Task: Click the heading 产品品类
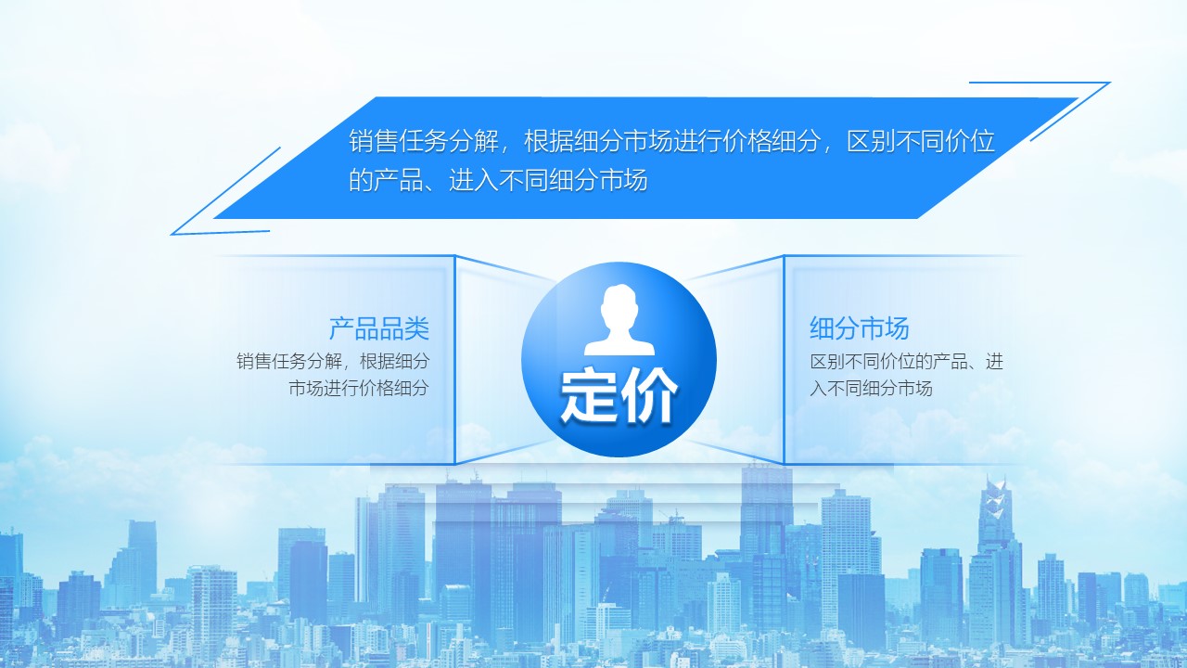coord(379,328)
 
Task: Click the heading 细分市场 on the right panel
coord(860,328)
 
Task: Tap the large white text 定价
coord(619,395)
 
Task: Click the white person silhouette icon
coord(619,320)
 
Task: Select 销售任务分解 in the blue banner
coord(424,141)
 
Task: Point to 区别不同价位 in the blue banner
coord(921,141)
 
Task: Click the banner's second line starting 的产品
coord(498,180)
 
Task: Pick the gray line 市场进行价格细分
coord(359,388)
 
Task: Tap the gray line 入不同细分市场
coord(871,388)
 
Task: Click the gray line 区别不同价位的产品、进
coord(907,362)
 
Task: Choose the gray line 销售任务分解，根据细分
coord(333,362)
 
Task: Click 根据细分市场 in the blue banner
coord(598,141)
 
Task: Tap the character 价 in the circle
coord(650,395)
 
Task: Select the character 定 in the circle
coord(589,395)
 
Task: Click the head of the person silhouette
coord(619,307)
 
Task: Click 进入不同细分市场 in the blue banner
coord(548,180)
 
